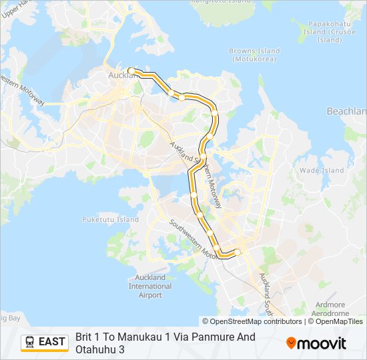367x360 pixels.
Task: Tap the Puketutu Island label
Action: [111, 219]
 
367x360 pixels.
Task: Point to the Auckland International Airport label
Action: [151, 286]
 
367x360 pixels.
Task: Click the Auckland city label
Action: [121, 75]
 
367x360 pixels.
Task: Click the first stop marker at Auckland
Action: [131, 71]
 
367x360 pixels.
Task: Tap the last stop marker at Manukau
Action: [237, 252]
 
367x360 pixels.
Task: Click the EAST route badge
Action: [45, 342]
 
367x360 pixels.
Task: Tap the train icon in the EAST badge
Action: [30, 342]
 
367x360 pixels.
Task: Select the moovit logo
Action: [316, 343]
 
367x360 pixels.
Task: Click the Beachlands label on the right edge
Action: [346, 111]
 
